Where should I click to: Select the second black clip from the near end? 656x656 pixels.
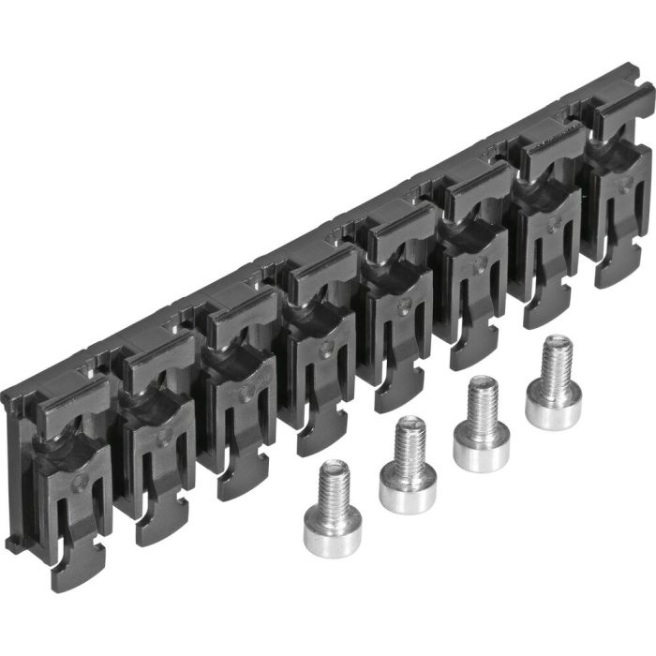150,440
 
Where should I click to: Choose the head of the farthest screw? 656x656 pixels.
552,409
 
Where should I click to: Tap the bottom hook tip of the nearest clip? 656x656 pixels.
71,572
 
